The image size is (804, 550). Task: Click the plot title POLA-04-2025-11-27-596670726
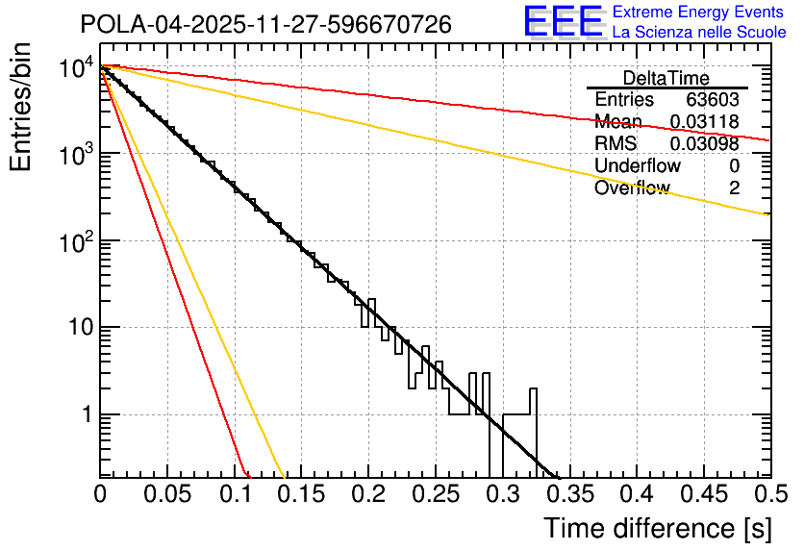click(x=265, y=25)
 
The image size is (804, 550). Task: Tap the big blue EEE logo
click(x=563, y=21)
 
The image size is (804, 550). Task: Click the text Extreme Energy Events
click(x=699, y=12)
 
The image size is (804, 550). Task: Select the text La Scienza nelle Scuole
click(x=699, y=32)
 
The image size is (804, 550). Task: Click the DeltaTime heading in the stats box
click(x=666, y=78)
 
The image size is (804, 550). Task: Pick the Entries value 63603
click(x=713, y=100)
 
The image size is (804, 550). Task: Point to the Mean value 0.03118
click(x=704, y=122)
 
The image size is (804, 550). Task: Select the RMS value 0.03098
click(x=704, y=144)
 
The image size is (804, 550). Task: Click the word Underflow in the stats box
click(x=638, y=166)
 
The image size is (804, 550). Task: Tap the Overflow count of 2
click(x=734, y=188)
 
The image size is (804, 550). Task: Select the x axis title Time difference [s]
click(x=658, y=528)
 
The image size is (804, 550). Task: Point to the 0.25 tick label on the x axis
click(x=435, y=495)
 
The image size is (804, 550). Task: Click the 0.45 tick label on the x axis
click(x=703, y=495)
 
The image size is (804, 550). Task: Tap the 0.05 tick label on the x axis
click(x=166, y=495)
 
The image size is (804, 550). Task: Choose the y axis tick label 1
click(x=85, y=415)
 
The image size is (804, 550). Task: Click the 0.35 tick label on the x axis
click(x=569, y=495)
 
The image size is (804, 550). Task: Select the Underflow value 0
click(x=734, y=166)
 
